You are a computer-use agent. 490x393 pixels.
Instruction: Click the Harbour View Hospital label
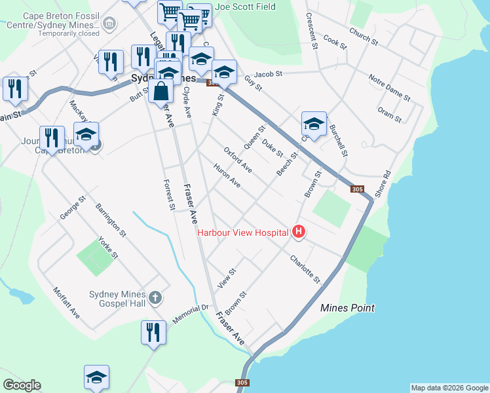[x=243, y=233]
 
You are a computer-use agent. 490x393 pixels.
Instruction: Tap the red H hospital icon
[x=299, y=232]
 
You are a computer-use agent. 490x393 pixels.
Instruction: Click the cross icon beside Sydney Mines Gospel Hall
[x=155, y=298]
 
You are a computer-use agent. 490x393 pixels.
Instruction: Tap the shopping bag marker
[x=160, y=92]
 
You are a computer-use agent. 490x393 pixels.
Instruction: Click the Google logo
[x=22, y=385]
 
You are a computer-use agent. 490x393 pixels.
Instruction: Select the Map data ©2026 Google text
[x=449, y=388]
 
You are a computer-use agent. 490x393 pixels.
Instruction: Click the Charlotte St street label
[x=306, y=269]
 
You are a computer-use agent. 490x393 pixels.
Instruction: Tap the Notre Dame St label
[x=389, y=88]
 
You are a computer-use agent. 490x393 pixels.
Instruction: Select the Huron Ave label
[x=227, y=176]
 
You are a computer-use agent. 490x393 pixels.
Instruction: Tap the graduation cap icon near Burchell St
[x=314, y=124]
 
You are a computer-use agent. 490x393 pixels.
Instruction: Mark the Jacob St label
[x=268, y=74]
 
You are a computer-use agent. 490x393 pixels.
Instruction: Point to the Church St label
[x=364, y=37]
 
